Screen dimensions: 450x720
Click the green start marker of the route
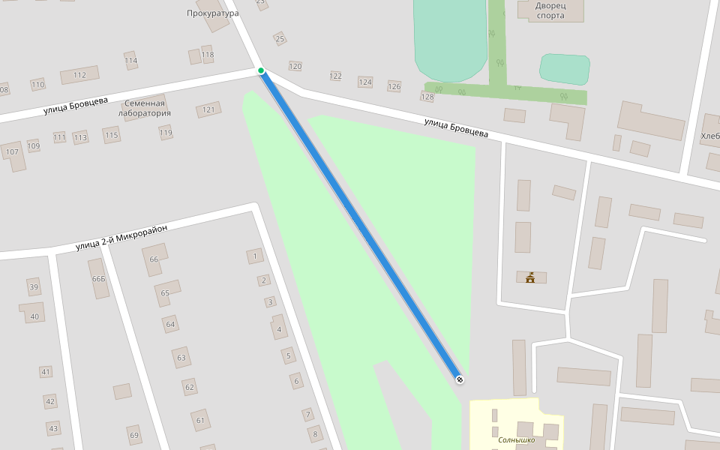click(261, 70)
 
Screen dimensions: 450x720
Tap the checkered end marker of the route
click(460, 379)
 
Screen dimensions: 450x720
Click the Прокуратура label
click(212, 13)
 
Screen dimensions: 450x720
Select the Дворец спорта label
click(550, 10)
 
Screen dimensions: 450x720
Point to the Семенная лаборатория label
click(144, 108)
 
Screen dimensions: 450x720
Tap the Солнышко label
click(516, 439)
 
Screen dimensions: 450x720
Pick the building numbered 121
click(208, 110)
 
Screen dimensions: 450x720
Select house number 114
click(131, 61)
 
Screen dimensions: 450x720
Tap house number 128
click(427, 97)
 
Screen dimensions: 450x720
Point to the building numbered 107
click(12, 152)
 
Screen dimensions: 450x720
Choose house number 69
click(134, 435)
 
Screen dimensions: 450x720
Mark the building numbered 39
click(34, 287)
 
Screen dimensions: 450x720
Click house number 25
click(280, 39)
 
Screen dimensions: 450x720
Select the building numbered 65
click(166, 292)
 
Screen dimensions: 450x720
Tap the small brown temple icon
click(531, 278)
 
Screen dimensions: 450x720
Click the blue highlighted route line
click(360, 225)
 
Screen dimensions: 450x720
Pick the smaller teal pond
click(564, 69)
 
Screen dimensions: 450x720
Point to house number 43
click(52, 428)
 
